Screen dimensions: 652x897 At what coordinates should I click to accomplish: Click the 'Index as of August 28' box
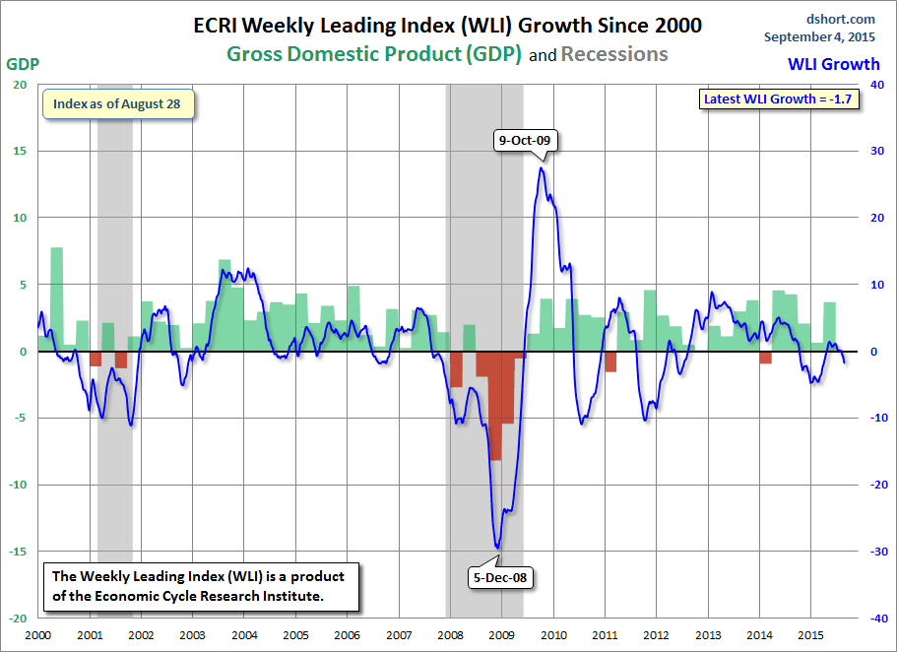117,104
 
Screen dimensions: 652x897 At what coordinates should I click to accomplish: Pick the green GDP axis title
24,64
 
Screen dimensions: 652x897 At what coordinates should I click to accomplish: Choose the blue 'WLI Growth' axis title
833,64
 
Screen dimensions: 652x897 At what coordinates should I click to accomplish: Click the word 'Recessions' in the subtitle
614,54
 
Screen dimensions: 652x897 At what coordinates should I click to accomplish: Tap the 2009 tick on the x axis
501,636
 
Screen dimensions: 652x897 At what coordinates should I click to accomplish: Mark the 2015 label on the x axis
810,636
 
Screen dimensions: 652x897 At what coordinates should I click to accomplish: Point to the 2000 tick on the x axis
37,636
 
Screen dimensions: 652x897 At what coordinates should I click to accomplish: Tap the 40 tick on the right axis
872,85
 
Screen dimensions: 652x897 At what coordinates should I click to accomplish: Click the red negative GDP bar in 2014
765,357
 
